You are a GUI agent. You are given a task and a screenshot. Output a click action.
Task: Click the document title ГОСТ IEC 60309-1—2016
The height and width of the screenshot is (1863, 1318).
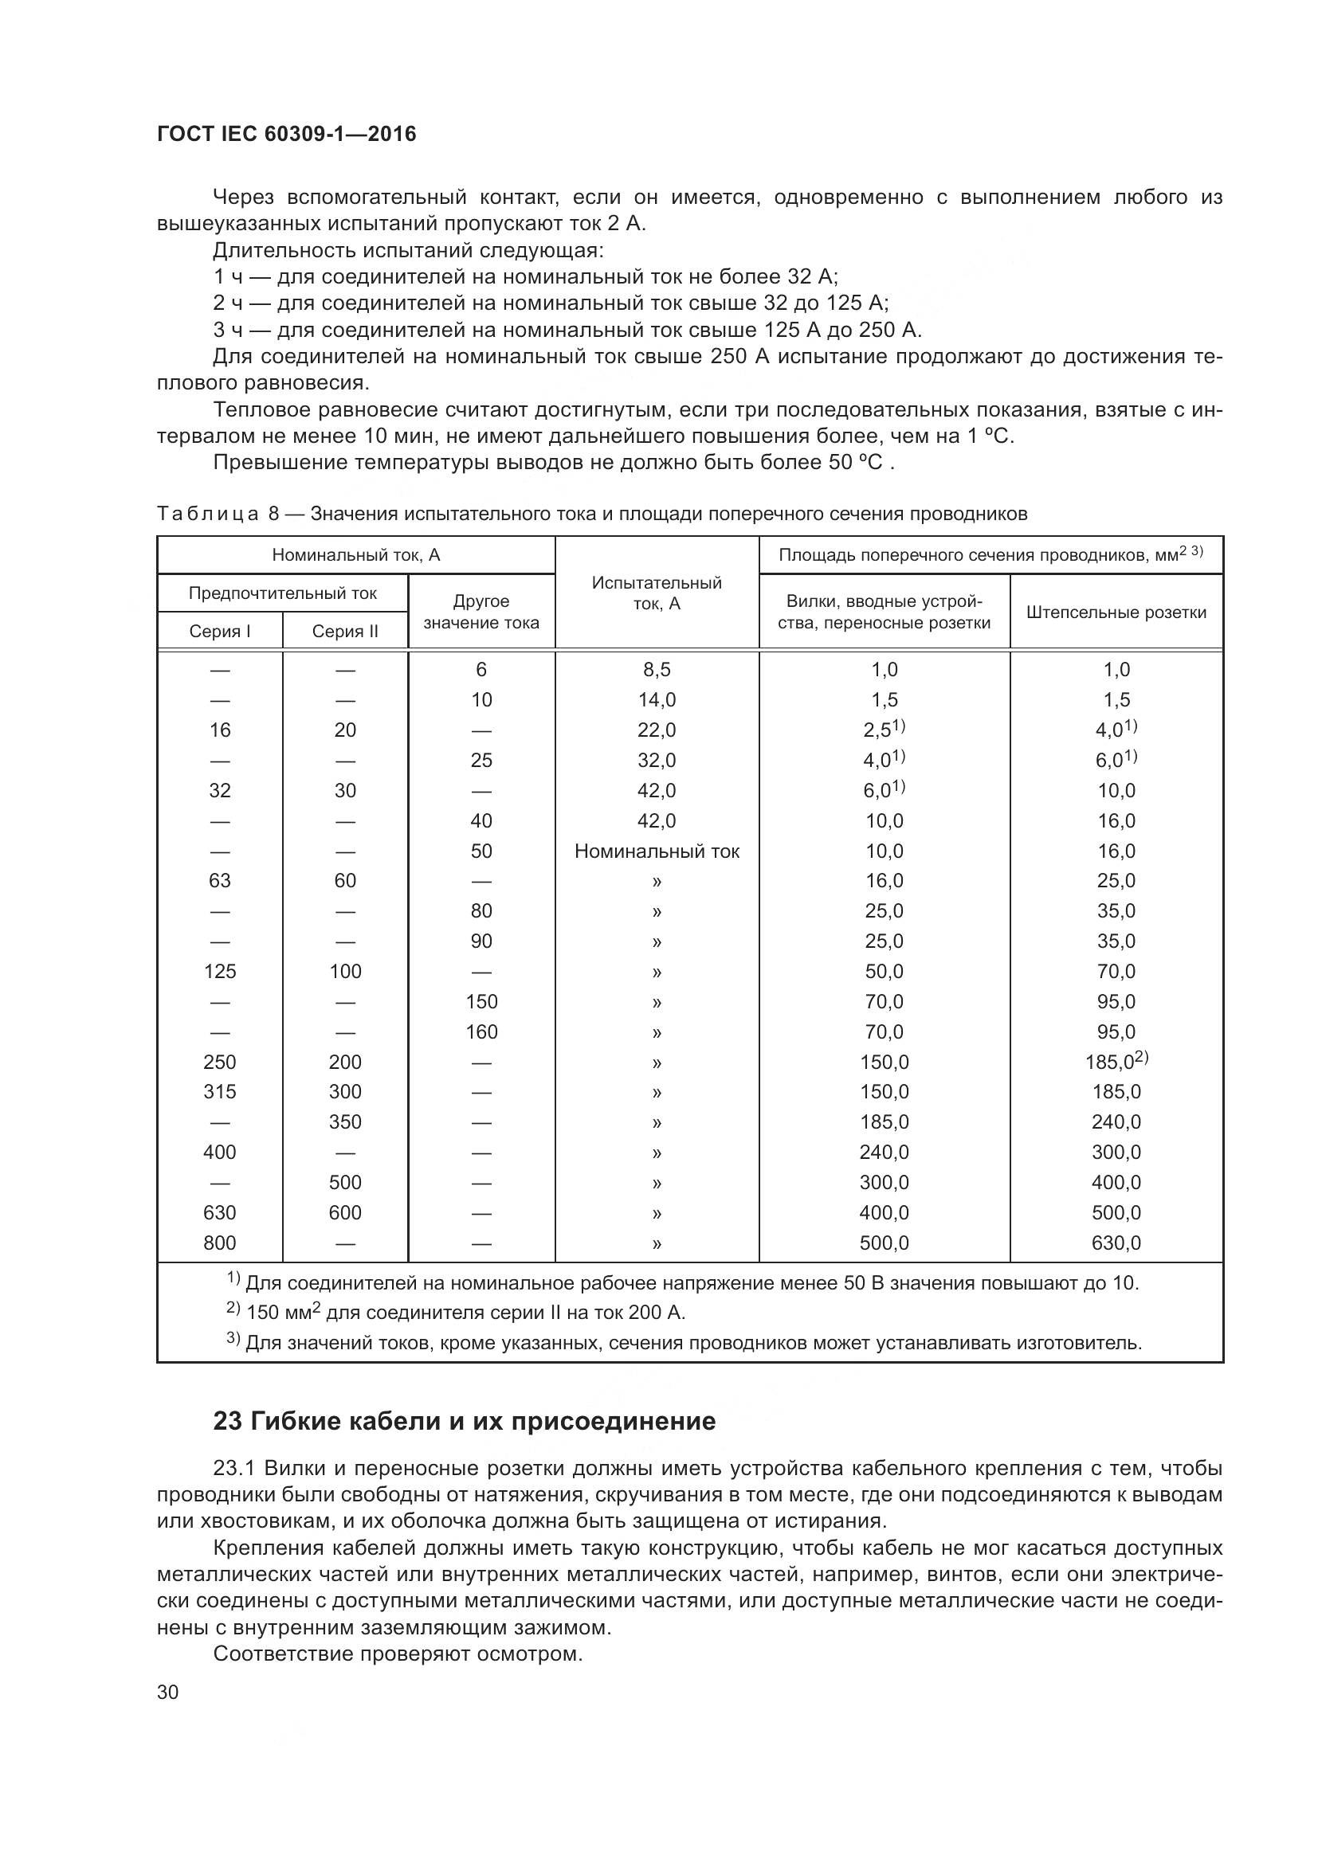coord(286,134)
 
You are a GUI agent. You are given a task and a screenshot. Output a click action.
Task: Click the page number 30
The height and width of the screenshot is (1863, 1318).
coord(167,1692)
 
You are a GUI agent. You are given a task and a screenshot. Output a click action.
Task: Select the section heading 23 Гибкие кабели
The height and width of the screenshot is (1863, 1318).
coord(465,1421)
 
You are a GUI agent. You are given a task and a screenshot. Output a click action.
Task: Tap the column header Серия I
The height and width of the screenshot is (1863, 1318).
coord(219,632)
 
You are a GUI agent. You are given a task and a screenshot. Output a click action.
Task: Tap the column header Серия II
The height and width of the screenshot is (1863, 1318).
coord(345,632)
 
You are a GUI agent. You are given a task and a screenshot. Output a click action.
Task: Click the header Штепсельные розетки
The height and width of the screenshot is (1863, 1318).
coord(1116,613)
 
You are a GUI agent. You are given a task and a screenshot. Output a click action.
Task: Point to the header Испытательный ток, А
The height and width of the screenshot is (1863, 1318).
coord(657,593)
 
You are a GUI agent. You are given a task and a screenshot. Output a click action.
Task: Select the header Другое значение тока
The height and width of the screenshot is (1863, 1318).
coord(481,612)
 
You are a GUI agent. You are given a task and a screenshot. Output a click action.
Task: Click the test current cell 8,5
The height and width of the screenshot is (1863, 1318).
coord(657,670)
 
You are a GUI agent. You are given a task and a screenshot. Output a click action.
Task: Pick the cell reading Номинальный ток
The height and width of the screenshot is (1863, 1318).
coord(657,851)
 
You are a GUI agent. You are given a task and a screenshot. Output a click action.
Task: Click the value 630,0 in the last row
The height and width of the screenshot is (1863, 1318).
coord(1116,1243)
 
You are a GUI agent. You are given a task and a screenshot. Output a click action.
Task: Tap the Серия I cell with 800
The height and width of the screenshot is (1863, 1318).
coord(219,1243)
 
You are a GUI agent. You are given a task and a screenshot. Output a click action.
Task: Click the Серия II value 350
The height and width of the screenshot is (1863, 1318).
coord(345,1122)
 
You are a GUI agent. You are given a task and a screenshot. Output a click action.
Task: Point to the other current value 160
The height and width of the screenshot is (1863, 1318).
coord(481,1032)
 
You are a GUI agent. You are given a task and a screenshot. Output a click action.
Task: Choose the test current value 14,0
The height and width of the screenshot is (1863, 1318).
coord(657,700)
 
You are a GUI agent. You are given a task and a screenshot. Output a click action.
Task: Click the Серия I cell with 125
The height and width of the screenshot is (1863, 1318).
coord(219,971)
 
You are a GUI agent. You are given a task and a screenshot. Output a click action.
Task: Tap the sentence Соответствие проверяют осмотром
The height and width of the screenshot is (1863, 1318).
coord(398,1654)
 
